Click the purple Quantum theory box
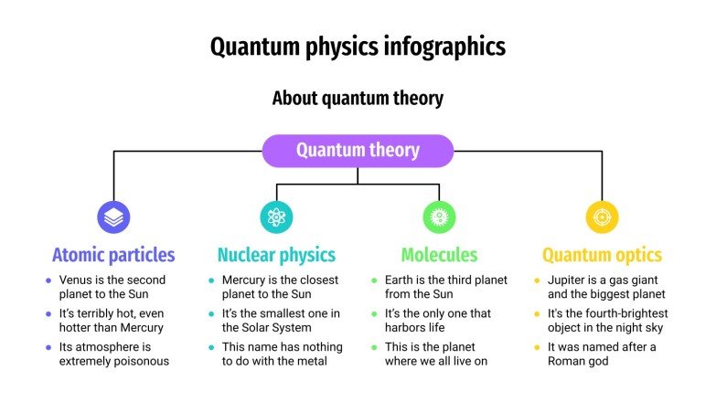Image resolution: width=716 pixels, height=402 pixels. (x=358, y=151)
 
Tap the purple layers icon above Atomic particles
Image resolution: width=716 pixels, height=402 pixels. (x=113, y=217)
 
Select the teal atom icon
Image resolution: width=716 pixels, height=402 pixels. (x=276, y=217)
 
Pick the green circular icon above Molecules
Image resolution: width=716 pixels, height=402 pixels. (x=439, y=217)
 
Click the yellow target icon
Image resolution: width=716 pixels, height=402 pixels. (x=602, y=217)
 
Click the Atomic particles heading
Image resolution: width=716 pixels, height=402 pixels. (x=113, y=255)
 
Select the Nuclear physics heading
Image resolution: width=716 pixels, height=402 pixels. (x=276, y=255)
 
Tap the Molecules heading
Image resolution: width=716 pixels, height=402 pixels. (x=439, y=255)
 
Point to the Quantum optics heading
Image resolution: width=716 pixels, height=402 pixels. (x=602, y=255)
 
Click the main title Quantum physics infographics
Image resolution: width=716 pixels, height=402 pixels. (x=358, y=46)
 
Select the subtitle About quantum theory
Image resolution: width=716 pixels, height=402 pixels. (x=358, y=98)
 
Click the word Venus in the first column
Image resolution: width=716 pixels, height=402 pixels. (x=77, y=280)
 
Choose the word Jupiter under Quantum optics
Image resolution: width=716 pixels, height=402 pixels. (x=568, y=280)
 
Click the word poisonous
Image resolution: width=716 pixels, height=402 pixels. (x=139, y=361)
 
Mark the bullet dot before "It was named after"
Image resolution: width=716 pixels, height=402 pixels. (x=537, y=347)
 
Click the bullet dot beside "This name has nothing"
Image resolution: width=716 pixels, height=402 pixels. (x=211, y=347)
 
